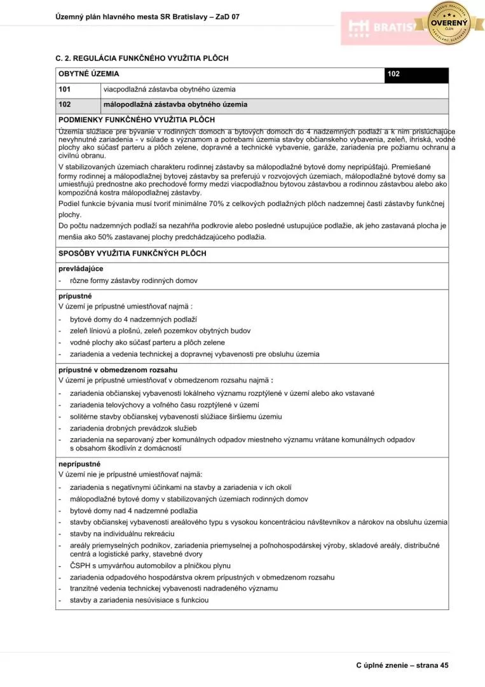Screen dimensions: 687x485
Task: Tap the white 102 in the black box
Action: click(x=393, y=74)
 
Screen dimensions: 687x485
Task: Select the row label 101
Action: click(x=64, y=89)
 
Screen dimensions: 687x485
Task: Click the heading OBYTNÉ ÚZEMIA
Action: click(x=88, y=74)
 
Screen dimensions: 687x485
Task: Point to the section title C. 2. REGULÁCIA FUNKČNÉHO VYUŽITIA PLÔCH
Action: click(x=142, y=59)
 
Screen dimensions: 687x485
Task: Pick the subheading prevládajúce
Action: click(x=81, y=268)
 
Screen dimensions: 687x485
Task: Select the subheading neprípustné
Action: click(x=79, y=464)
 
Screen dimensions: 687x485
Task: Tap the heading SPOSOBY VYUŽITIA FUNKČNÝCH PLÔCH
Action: click(x=132, y=253)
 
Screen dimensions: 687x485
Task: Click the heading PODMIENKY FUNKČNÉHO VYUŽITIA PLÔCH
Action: click(x=136, y=119)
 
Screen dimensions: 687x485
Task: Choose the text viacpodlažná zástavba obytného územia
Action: click(x=169, y=89)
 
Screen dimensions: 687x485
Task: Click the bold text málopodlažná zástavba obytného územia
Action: click(x=175, y=104)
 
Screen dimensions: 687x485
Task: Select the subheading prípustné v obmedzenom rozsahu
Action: click(x=118, y=370)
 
